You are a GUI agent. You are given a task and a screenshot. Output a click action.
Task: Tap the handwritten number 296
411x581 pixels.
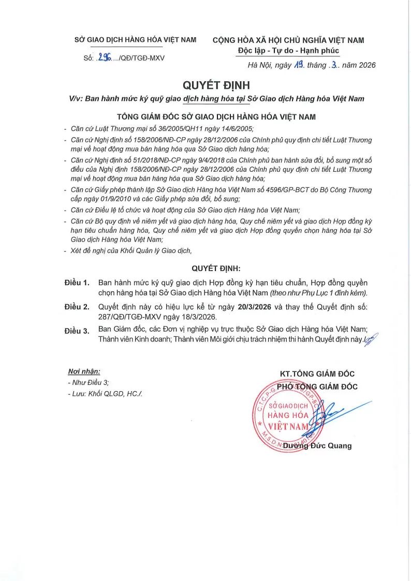coord(107,57)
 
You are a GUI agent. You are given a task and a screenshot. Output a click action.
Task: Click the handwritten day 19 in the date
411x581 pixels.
coord(299,65)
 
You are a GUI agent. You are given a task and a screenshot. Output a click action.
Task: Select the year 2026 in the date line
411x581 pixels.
coord(365,65)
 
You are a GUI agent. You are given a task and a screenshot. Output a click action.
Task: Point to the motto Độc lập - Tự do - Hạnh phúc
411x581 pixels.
coord(288,51)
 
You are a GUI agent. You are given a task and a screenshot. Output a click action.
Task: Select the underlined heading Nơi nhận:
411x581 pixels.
coord(84,371)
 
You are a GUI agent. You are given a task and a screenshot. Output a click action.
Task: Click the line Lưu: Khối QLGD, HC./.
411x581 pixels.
coord(105,394)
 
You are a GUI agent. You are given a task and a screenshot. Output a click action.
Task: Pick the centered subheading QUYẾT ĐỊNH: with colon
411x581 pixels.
coord(216,269)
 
